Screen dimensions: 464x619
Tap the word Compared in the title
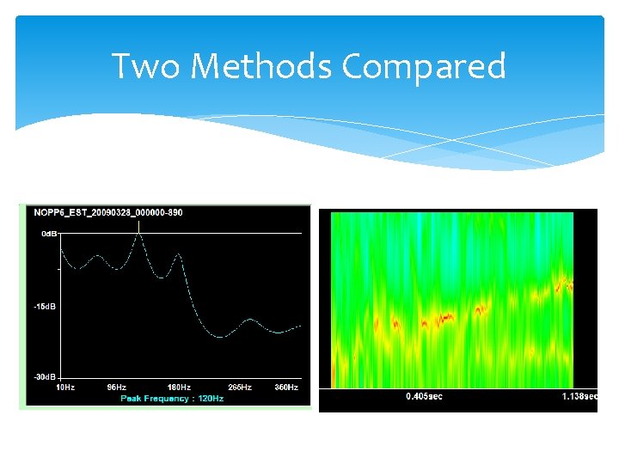pyautogui.click(x=423, y=65)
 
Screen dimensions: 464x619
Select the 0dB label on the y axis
pyautogui.click(x=48, y=233)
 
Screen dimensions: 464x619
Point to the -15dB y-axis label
pyautogui.click(x=46, y=306)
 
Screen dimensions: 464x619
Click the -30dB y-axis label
pyautogui.click(x=46, y=377)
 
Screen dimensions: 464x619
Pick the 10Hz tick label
pyautogui.click(x=65, y=388)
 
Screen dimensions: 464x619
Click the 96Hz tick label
pyautogui.click(x=117, y=388)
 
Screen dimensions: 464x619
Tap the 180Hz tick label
pyautogui.click(x=179, y=388)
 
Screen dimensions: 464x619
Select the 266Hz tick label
pyautogui.click(x=240, y=388)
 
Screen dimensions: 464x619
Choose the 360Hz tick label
pyautogui.click(x=286, y=388)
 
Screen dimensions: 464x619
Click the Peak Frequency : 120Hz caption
pyautogui.click(x=172, y=399)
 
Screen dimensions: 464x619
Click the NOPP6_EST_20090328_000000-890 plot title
pyautogui.click(x=107, y=212)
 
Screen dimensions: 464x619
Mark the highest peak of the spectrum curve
pyautogui.click(x=138, y=235)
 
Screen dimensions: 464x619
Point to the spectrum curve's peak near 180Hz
pyautogui.click(x=179, y=254)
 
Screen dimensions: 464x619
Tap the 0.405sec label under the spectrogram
pyautogui.click(x=425, y=397)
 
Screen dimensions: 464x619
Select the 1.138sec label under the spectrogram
pyautogui.click(x=578, y=397)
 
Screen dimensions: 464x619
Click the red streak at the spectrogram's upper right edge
pyautogui.click(x=564, y=284)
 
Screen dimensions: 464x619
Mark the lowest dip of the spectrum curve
pyautogui.click(x=220, y=336)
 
